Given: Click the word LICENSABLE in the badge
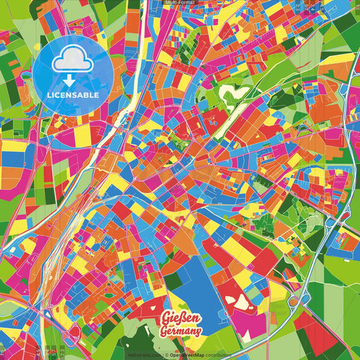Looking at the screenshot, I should [x=73, y=94].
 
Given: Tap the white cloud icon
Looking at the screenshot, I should [x=72, y=63].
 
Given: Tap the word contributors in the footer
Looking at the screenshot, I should [x=219, y=354].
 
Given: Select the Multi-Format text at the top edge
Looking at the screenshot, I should [x=179, y=3].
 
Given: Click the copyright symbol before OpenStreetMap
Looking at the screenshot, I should [x=166, y=354].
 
